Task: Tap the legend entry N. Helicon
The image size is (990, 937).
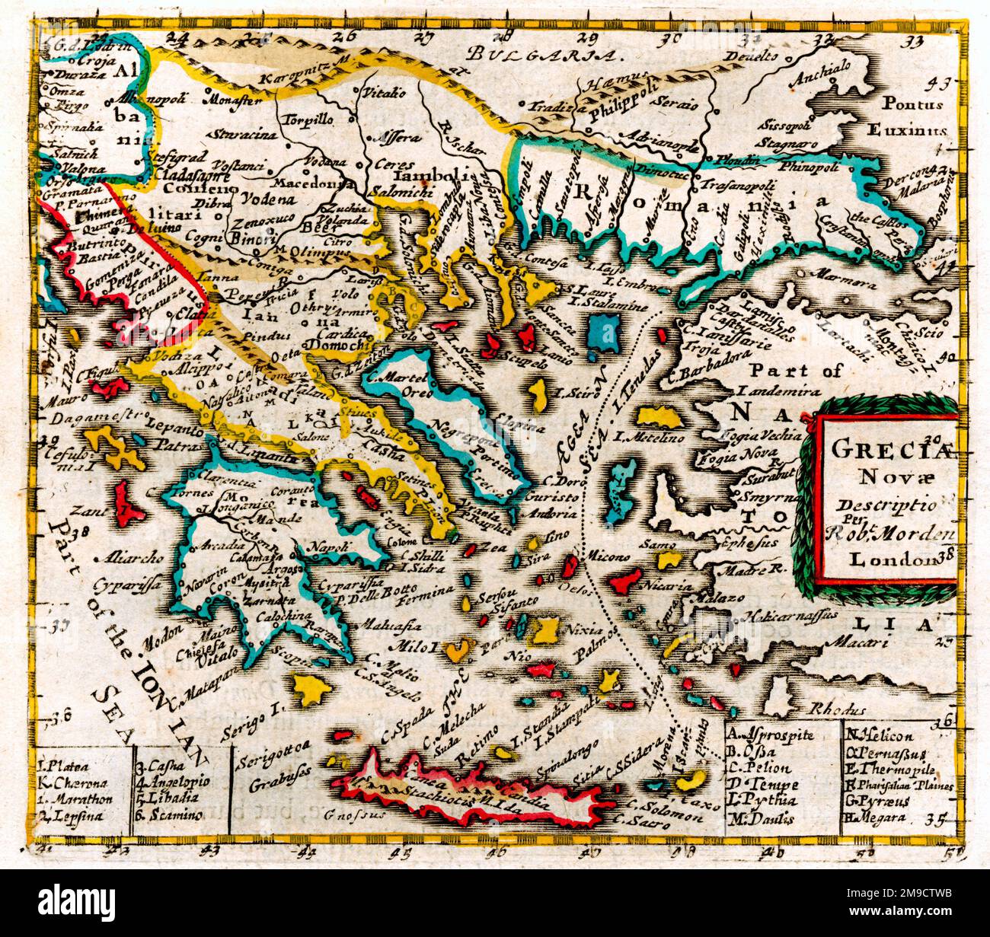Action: click(x=878, y=736)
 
